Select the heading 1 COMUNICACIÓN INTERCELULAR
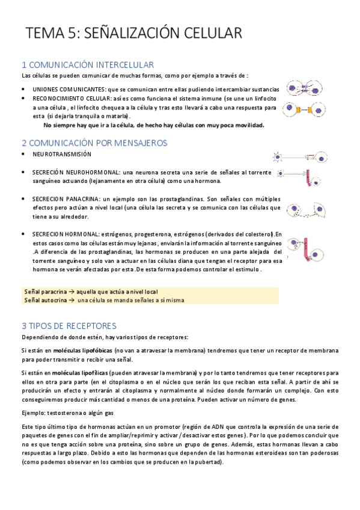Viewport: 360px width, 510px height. tap(88, 64)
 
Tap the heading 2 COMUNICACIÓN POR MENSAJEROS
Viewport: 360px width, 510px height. tap(94, 143)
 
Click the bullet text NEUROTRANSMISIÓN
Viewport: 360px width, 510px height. tap(62, 155)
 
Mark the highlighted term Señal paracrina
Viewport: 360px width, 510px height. tap(44, 291)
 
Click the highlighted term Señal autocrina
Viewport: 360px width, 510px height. tap(44, 300)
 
